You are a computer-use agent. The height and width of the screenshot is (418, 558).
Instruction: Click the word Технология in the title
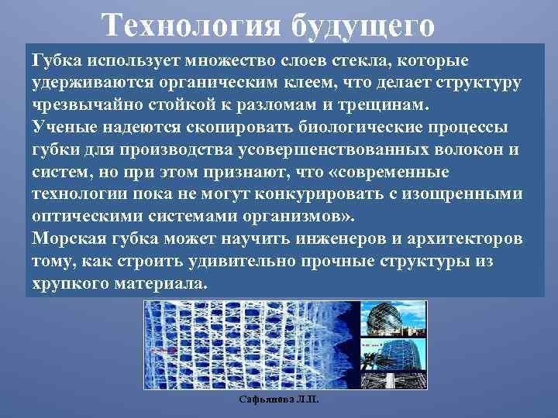click(x=191, y=25)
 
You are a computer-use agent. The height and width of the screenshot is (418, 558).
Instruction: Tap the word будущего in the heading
click(x=363, y=26)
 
